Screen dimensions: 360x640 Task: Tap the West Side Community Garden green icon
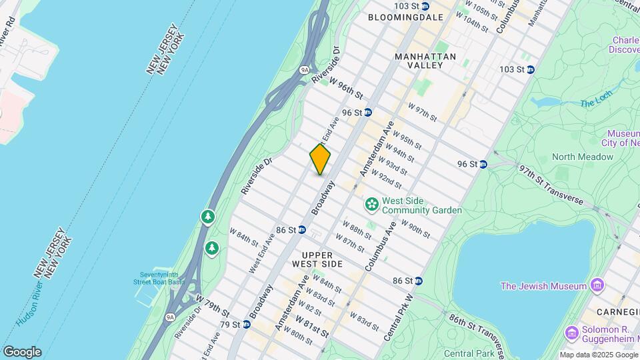point(371,203)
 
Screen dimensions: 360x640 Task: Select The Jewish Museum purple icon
point(597,287)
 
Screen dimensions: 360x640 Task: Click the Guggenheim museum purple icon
point(571,332)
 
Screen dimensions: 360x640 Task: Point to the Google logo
point(22,352)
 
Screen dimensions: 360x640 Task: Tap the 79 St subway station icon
point(246,325)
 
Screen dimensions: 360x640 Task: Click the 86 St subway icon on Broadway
point(301,229)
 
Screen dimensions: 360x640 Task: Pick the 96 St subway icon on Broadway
point(367,113)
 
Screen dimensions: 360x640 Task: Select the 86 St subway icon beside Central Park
point(418,281)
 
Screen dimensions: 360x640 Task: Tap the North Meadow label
point(582,157)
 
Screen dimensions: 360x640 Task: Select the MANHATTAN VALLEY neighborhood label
point(425,61)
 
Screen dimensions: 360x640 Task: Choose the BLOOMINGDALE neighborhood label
point(405,17)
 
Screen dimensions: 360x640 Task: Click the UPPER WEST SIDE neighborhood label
point(322,259)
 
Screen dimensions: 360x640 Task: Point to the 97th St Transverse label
point(551,186)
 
